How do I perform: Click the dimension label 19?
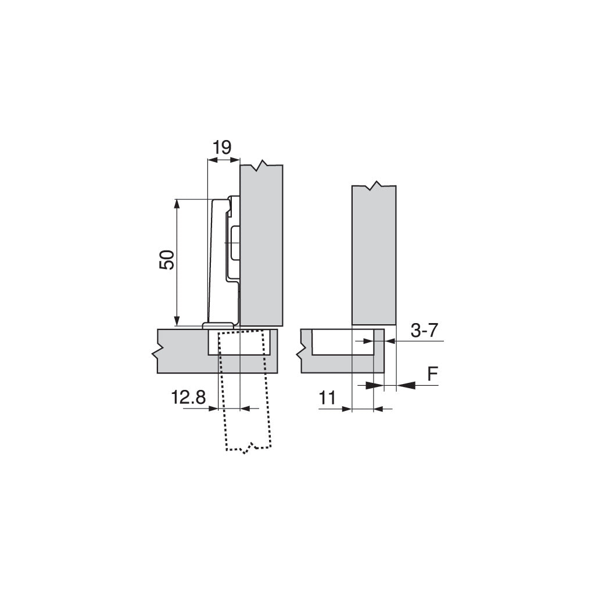[221, 147]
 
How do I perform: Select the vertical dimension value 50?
[167, 259]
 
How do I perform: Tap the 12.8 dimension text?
[188, 398]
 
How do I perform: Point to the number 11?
[328, 398]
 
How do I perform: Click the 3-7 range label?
[424, 331]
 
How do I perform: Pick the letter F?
[432, 375]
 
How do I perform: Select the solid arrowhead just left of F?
[406, 385]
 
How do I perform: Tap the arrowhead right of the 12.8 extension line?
[245, 409]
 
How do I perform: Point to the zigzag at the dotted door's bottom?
[249, 448]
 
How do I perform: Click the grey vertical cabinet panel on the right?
[374, 256]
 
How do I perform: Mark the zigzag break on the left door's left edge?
[156, 352]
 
